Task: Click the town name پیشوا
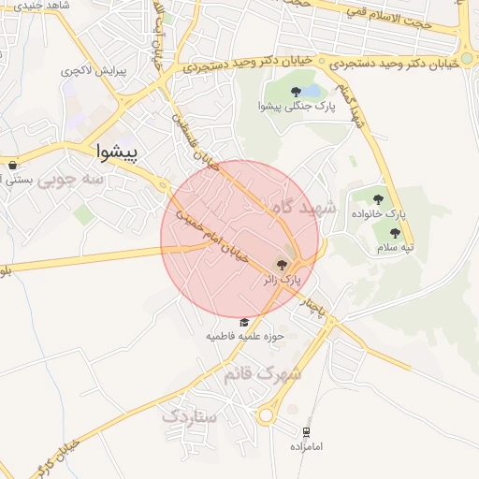(x=118, y=151)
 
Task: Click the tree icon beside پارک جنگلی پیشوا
(x=297, y=91)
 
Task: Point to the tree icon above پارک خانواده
(x=378, y=198)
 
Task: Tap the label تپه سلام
(x=396, y=248)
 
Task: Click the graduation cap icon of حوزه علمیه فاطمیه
(x=244, y=321)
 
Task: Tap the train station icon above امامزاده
(x=305, y=431)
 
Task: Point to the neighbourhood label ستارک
(x=190, y=416)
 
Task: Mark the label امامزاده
(x=305, y=446)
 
